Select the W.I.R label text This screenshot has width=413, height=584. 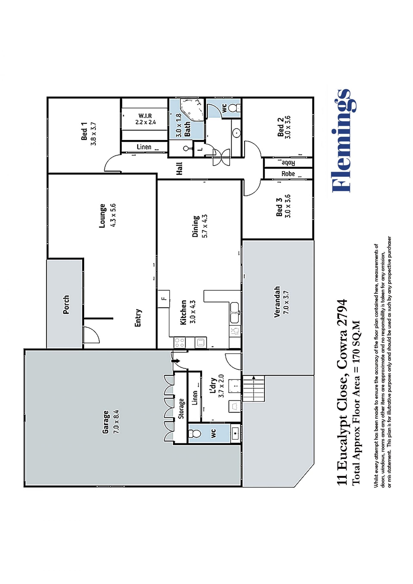[x=145, y=116]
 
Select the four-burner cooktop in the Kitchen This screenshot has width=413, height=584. [x=180, y=342]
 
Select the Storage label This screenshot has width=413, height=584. [x=181, y=408]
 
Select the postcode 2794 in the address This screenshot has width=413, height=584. [x=342, y=313]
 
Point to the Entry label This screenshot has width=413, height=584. [x=138, y=318]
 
